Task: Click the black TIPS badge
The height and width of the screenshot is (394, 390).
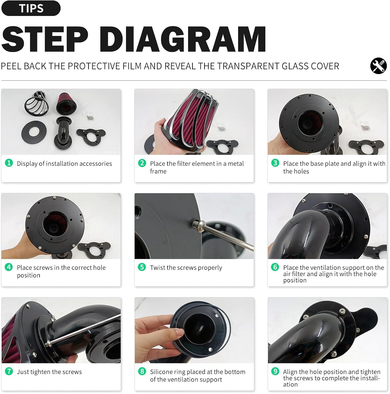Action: click(x=31, y=8)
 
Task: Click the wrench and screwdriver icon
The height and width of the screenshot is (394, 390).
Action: click(x=378, y=66)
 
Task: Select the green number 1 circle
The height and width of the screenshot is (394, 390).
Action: click(x=9, y=163)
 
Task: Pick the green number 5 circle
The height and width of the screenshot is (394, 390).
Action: click(x=142, y=267)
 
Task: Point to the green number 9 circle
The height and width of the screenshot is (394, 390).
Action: click(x=275, y=371)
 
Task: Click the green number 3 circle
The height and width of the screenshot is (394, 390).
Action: click(x=275, y=163)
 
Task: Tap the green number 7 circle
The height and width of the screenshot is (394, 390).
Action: click(x=9, y=371)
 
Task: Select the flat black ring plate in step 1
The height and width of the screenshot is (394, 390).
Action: click(x=34, y=132)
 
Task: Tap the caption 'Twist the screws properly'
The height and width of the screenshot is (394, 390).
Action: click(x=186, y=268)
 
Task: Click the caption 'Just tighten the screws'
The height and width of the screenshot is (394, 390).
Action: click(x=49, y=372)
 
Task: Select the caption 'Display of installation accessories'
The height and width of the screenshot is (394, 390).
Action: click(x=64, y=164)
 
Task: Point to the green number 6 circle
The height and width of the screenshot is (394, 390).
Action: click(x=275, y=267)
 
